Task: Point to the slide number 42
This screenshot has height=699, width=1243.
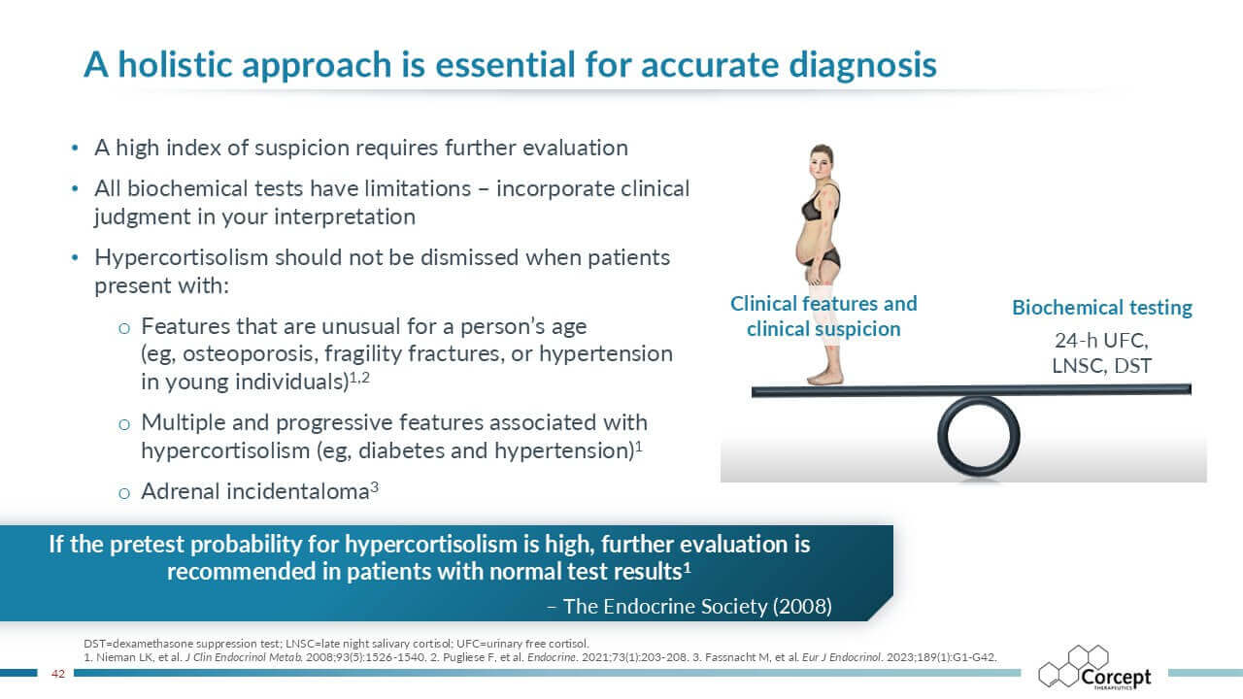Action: [x=58, y=674]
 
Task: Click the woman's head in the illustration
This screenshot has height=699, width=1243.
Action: [x=822, y=161]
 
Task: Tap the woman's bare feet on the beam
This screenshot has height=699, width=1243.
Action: [x=825, y=378]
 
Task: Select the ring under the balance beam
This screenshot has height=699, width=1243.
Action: [x=978, y=436]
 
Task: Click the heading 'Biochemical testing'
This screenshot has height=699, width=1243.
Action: [x=1102, y=308]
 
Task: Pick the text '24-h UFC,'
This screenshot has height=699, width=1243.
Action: [x=1101, y=341]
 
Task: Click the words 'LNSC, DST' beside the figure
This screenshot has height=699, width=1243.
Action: [x=1101, y=366]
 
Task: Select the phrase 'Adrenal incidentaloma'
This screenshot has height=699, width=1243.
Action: [x=255, y=491]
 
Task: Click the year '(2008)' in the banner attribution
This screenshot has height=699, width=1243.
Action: [x=802, y=607]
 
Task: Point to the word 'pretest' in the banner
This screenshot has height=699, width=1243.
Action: [x=147, y=546]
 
